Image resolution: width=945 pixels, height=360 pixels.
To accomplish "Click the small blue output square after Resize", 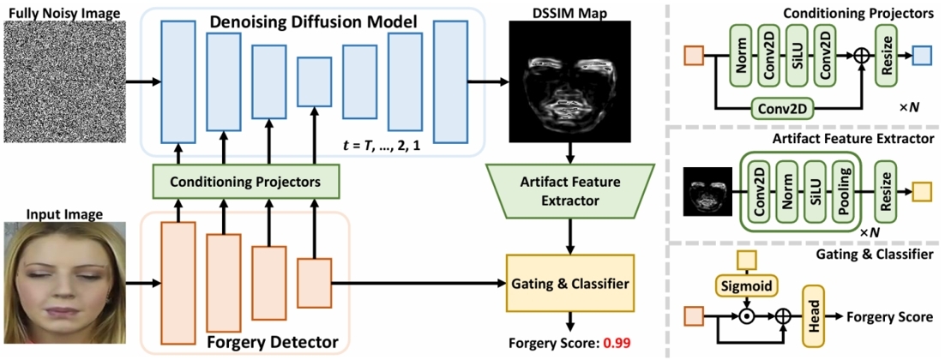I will (921, 57).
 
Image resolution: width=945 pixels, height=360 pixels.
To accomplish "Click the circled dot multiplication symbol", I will (746, 316).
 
